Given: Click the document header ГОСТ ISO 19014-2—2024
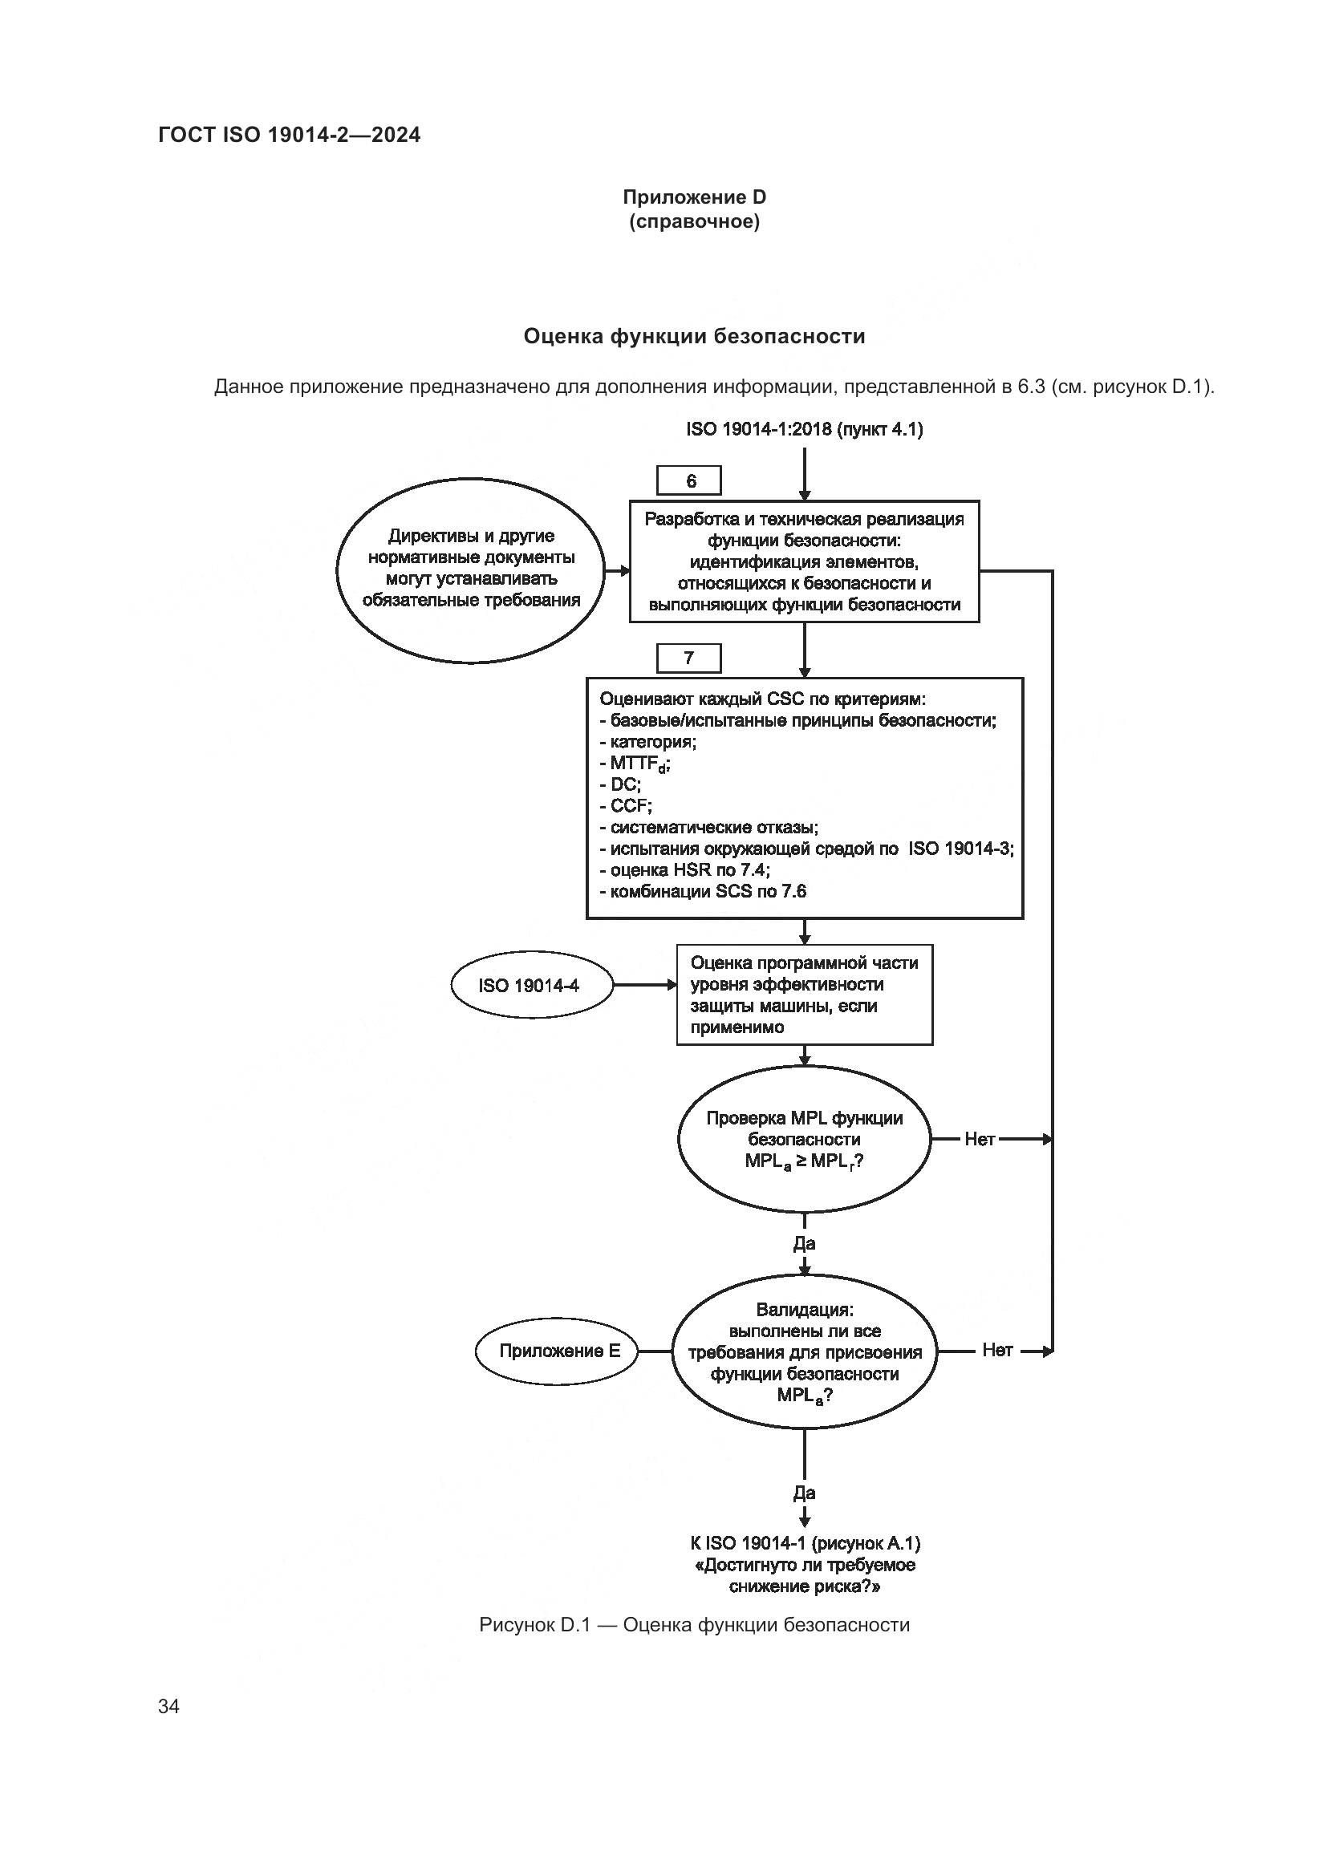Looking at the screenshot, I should [290, 135].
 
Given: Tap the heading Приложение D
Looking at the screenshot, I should [694, 197].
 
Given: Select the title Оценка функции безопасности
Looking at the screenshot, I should [694, 336].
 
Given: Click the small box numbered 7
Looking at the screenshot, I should [689, 658].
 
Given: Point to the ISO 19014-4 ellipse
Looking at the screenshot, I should [530, 986].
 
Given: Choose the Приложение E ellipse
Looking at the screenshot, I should [559, 1351].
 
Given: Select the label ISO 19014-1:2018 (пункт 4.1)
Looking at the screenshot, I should [804, 429].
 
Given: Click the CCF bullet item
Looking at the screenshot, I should [630, 806].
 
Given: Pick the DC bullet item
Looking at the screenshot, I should [625, 784].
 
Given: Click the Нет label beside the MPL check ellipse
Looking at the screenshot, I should [979, 1139].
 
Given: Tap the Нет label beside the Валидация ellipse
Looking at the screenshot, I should [997, 1351].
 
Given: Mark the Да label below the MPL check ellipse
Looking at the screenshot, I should [804, 1244].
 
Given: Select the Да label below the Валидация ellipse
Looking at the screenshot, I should [804, 1493].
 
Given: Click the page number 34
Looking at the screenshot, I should [168, 1706].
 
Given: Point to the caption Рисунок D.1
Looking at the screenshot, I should [694, 1624].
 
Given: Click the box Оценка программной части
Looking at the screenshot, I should [804, 995].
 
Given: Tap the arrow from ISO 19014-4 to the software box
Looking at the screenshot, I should [644, 986].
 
